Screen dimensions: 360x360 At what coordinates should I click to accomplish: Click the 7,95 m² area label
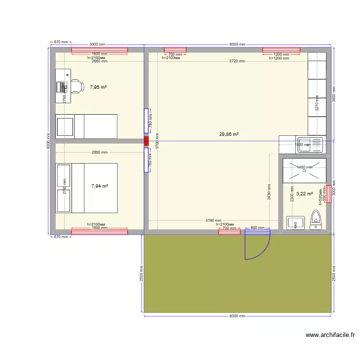pos(98,87)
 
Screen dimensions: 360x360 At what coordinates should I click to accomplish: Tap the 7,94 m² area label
pos(99,186)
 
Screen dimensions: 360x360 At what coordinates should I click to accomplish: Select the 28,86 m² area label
pos(229,134)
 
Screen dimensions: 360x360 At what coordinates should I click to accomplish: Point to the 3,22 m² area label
pos(305,194)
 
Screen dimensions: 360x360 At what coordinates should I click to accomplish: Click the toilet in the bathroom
pos(316,219)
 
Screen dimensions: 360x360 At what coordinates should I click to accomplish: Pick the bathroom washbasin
pos(295,223)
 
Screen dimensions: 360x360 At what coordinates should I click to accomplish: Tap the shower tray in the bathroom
pos(304,170)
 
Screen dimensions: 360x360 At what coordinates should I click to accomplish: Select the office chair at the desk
pos(76,86)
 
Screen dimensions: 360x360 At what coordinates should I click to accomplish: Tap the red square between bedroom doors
pos(146,141)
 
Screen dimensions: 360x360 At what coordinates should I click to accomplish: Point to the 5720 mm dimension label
pos(237,61)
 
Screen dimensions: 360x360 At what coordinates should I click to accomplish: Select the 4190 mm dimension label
pos(213,220)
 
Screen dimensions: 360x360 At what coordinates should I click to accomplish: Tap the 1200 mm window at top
pos(281,50)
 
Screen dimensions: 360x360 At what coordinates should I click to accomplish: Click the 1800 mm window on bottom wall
pos(99,232)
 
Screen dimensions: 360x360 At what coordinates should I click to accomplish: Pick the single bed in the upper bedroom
pos(86,126)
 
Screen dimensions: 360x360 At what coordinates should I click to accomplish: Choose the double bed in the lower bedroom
pos(86,188)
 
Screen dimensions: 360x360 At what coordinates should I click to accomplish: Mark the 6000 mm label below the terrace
pos(237,316)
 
